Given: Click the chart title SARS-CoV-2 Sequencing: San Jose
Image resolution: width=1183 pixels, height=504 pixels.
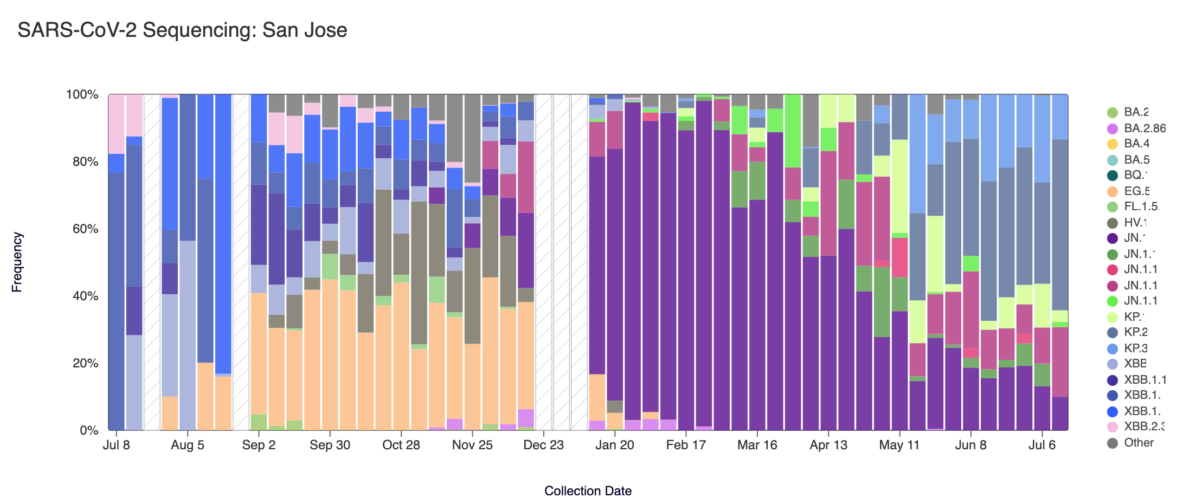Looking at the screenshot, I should pyautogui.click(x=182, y=30).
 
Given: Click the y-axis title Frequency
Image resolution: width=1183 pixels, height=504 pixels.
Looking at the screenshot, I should pyautogui.click(x=17, y=262).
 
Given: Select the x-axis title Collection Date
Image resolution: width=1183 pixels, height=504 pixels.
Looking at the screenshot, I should pyautogui.click(x=588, y=491).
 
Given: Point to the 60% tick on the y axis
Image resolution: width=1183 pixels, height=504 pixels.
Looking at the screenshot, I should pyautogui.click(x=82, y=229).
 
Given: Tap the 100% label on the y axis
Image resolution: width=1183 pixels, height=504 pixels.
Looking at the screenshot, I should pyautogui.click(x=82, y=95).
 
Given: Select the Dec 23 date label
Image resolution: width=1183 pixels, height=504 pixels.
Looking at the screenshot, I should pyautogui.click(x=544, y=445).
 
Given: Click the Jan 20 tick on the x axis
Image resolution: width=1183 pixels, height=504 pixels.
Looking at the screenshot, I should pyautogui.click(x=615, y=445).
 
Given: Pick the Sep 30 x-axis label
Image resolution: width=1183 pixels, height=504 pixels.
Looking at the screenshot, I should pyautogui.click(x=330, y=445).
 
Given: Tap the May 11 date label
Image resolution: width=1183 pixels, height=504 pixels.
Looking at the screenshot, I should pyautogui.click(x=899, y=445).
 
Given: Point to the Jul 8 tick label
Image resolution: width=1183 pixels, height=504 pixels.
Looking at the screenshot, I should pyautogui.click(x=116, y=445).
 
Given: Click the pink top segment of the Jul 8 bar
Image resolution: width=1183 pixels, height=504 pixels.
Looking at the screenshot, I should pyautogui.click(x=117, y=124).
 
